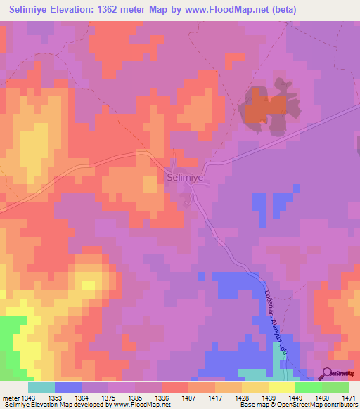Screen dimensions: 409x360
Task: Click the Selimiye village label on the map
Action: pyautogui.click(x=185, y=178)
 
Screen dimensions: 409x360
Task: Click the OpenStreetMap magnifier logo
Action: pyautogui.click(x=327, y=374)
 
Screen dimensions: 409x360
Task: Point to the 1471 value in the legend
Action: pyautogui.click(x=349, y=398)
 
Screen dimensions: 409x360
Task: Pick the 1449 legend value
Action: pyautogui.click(x=295, y=398)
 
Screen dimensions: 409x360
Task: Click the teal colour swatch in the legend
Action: pyautogui.click(x=41, y=387)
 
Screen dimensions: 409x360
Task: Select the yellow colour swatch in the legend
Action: pyautogui.click(x=282, y=387)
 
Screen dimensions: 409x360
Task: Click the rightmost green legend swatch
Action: pyautogui.click(x=335, y=387)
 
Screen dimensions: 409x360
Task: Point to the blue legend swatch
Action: pyautogui.click(x=68, y=387)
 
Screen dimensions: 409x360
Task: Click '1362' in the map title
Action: pyautogui.click(x=118, y=9)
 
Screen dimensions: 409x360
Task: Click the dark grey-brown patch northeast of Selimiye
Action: pyautogui.click(x=264, y=105)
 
